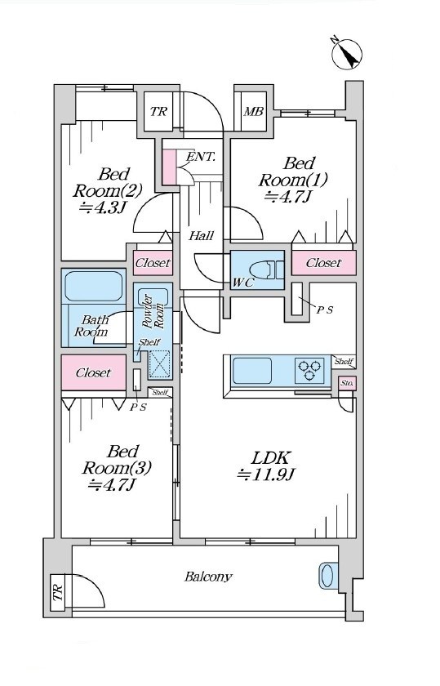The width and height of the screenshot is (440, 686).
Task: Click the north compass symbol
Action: tap(347, 54)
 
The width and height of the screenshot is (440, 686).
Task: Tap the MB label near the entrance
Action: tap(254, 112)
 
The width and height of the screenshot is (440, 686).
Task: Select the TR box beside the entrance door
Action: tap(158, 111)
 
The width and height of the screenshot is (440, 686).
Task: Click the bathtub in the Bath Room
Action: tap(94, 286)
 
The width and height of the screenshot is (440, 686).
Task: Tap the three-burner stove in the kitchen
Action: tap(309, 370)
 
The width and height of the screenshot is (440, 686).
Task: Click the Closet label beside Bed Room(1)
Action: tap(323, 263)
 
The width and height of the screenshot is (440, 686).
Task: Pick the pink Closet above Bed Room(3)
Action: tap(94, 372)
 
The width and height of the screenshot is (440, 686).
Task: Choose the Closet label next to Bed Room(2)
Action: tap(153, 263)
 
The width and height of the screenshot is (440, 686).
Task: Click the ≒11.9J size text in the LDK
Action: tap(267, 474)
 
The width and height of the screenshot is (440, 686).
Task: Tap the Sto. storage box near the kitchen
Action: tap(347, 383)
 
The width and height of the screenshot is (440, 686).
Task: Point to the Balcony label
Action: tap(208, 577)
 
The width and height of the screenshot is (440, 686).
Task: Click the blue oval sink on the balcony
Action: tap(327, 575)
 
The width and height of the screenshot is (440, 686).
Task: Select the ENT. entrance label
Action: tap(201, 157)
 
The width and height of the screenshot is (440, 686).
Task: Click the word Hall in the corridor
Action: tap(201, 236)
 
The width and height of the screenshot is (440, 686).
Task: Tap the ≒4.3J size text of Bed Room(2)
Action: tap(102, 207)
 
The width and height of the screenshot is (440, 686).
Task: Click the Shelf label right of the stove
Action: tap(344, 361)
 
